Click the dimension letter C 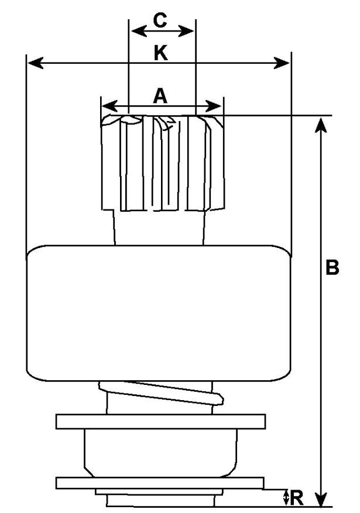point(160,20)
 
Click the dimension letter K point(160,53)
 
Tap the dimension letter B point(332,268)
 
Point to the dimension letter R point(297,498)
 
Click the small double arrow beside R point(286,498)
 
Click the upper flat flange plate point(160,421)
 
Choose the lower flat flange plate point(160,483)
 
